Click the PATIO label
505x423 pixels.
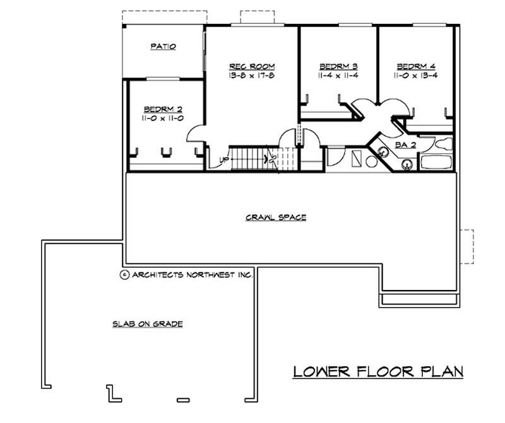click(163, 47)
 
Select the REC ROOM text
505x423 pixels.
click(252, 66)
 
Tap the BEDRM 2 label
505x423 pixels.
click(163, 108)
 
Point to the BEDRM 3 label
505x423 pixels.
click(338, 66)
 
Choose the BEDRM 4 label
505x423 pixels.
click(416, 66)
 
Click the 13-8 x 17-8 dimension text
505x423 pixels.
click(252, 76)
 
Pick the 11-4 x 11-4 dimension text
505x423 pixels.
click(338, 76)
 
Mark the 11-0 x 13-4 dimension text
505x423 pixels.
click(416, 76)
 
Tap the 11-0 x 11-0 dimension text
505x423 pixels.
click(163, 118)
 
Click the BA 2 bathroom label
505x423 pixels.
click(404, 144)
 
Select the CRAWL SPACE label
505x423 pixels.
click(276, 217)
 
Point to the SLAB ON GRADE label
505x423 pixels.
click(148, 324)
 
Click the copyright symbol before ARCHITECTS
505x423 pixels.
click(124, 275)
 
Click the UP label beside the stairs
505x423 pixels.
click(223, 159)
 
